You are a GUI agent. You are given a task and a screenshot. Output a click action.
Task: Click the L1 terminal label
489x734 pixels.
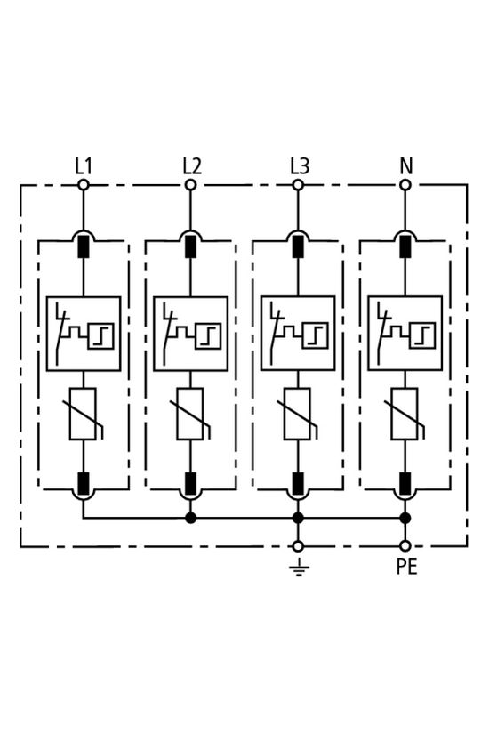click(x=84, y=165)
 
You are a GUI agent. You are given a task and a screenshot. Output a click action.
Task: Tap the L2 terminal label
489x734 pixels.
click(x=191, y=165)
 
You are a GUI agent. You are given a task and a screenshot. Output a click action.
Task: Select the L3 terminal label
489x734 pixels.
click(x=299, y=165)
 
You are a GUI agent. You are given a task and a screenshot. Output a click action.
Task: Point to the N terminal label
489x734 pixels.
click(x=405, y=165)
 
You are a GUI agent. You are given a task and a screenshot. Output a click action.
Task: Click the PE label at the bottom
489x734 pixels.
click(x=405, y=566)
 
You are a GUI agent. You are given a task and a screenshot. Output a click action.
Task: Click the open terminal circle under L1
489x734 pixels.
click(x=84, y=185)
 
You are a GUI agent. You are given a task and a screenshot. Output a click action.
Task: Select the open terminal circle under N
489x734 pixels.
click(x=405, y=185)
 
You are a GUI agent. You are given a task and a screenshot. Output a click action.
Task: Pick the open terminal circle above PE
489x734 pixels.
click(x=405, y=545)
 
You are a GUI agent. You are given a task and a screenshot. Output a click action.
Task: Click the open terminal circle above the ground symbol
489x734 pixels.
click(x=298, y=545)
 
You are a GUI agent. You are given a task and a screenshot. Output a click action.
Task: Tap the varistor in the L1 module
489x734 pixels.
click(x=84, y=414)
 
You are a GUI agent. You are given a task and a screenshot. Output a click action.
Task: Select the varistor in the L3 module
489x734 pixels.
click(x=298, y=414)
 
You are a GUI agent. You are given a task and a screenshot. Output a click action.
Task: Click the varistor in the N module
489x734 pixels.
click(x=405, y=414)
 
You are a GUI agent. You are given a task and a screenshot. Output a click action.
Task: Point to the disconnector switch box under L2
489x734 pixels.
click(x=190, y=334)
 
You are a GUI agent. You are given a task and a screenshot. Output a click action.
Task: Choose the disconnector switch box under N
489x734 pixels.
click(x=405, y=334)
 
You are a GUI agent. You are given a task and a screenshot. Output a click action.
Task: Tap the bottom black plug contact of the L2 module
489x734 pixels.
click(x=190, y=483)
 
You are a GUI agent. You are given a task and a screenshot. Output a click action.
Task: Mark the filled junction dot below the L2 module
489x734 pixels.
click(x=190, y=517)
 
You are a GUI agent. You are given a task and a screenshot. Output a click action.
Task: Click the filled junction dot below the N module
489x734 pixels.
click(x=405, y=517)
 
